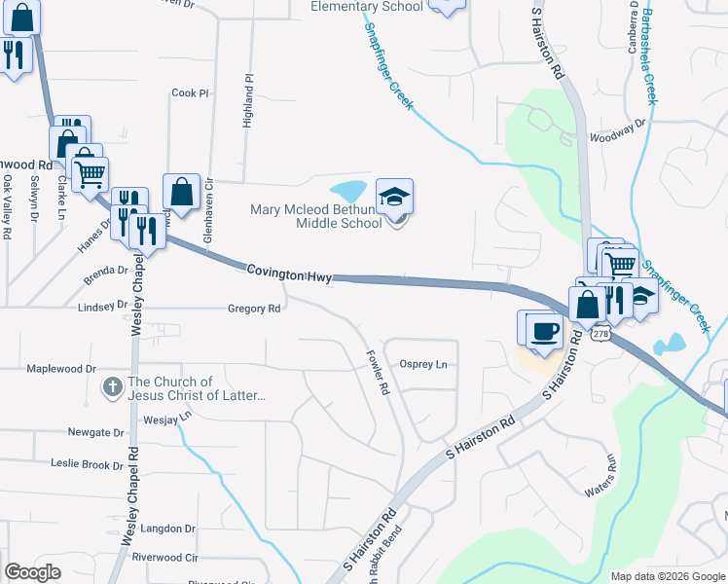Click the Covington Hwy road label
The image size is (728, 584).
[288, 274]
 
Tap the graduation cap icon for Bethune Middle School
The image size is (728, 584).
[394, 196]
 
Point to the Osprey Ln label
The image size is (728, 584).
[423, 364]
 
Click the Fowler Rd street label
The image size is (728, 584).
[377, 373]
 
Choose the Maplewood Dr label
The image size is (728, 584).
[61, 369]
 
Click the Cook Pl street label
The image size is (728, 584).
[190, 93]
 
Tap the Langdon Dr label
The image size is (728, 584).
[168, 529]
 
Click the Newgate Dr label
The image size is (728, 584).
[95, 432]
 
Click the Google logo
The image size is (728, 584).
[32, 572]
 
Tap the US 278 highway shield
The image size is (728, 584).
[601, 335]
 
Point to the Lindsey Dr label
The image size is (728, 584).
[102, 305]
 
